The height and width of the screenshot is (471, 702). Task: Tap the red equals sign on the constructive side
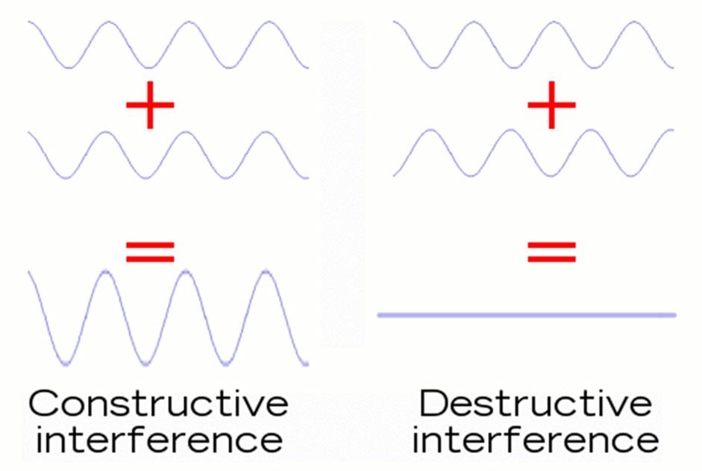[150, 252]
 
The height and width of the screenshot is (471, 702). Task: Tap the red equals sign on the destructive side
[552, 252]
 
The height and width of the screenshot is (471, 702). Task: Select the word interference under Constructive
[159, 440]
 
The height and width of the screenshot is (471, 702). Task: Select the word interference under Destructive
[535, 440]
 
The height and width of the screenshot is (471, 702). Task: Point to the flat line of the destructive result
[527, 315]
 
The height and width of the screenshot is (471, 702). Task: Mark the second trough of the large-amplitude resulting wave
[143, 364]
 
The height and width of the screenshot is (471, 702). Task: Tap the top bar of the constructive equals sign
[150, 245]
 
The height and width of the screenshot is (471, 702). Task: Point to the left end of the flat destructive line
[380, 315]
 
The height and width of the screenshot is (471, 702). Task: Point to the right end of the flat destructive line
[674, 315]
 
